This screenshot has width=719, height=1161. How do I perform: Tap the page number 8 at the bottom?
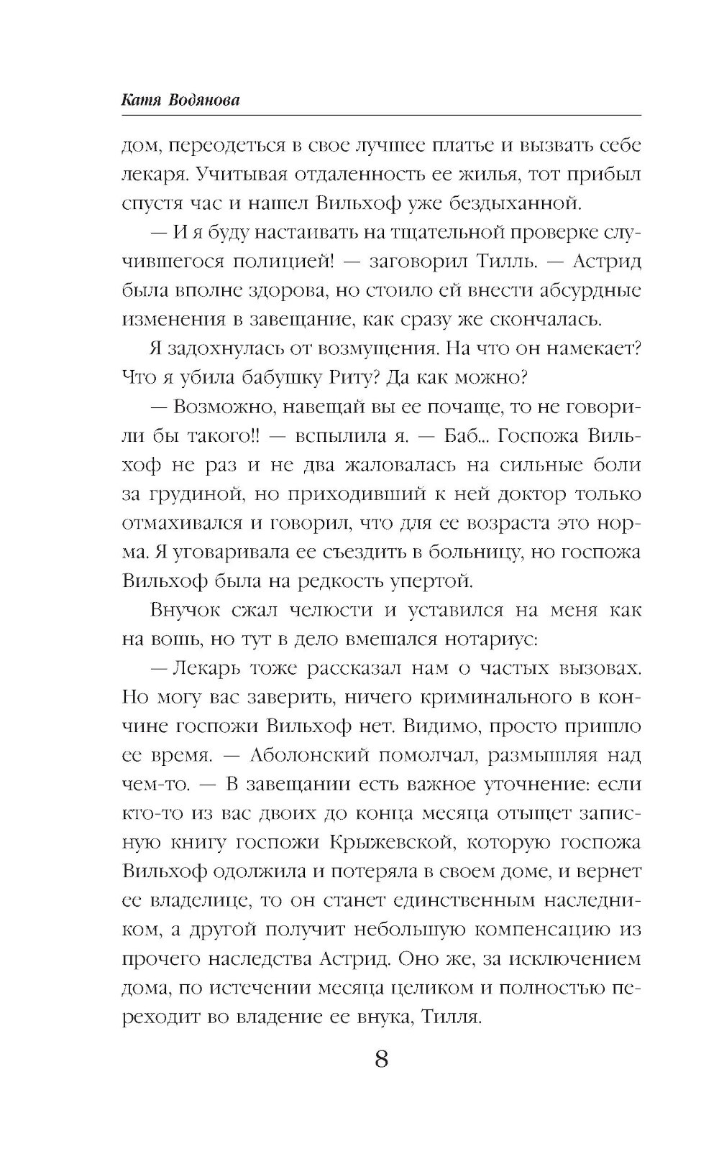(381, 1058)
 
